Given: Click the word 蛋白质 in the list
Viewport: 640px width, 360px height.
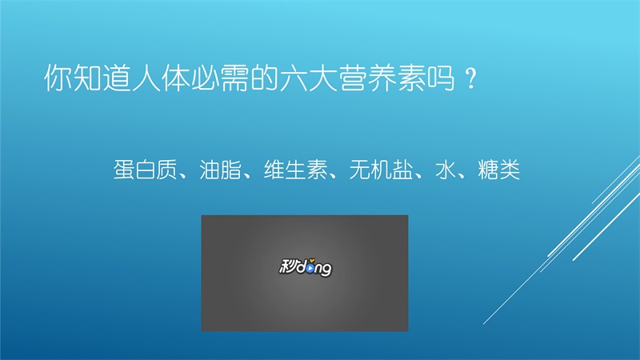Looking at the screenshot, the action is pos(145,170).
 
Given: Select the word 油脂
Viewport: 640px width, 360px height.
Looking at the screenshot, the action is pos(220,170).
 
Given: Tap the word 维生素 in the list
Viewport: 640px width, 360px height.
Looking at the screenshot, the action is pos(295,170).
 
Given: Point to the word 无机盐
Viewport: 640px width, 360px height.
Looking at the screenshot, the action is pos(381,170).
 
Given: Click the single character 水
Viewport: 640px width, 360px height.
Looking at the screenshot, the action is pos(446,170).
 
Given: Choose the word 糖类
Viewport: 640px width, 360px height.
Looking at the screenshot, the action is pos(498,170).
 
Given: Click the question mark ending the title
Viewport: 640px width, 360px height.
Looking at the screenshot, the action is pos(470,78).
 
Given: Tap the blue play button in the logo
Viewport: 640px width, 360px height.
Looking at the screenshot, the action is pos(311,268).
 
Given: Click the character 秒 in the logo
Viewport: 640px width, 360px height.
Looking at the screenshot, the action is pos(288,266).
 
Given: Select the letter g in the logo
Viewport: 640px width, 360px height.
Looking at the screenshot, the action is pos(326,270).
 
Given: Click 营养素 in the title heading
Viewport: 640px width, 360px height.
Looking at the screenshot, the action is pos(383,78).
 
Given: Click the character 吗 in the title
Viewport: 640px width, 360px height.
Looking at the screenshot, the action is pos(442,78).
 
